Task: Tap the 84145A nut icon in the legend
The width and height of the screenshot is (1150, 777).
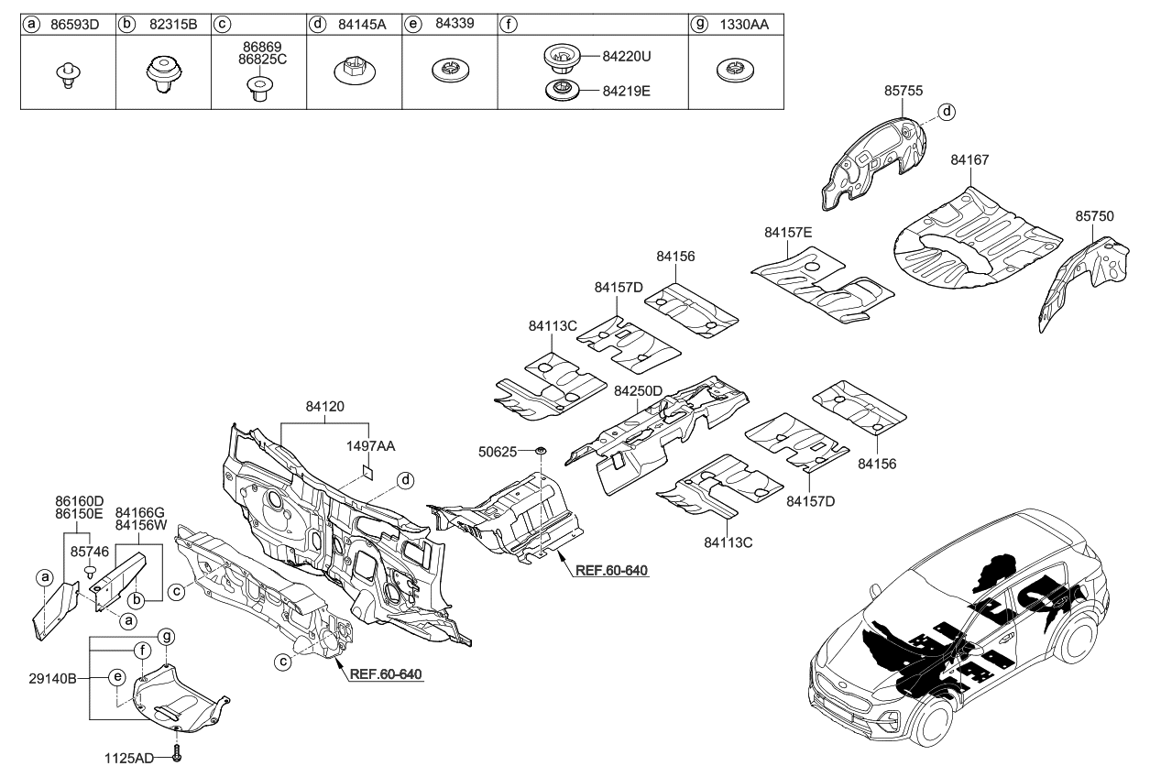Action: point(351,71)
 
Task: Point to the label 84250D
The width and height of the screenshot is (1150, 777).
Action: point(638,391)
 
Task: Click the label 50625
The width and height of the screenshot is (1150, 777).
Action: point(499,451)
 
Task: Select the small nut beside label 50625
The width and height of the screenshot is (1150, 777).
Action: point(541,451)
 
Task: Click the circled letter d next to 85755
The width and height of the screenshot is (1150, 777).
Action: point(947,112)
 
